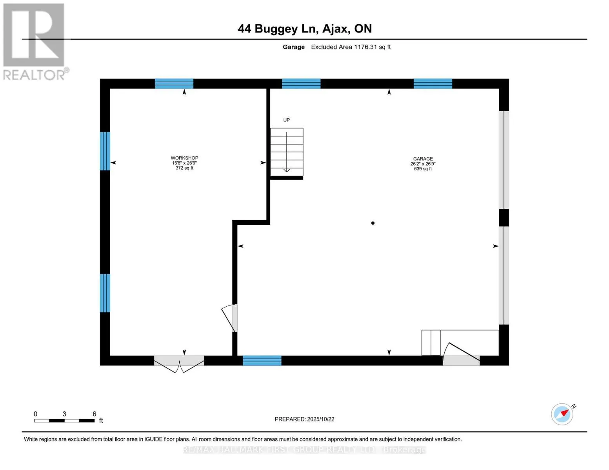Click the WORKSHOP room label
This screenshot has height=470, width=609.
click(184, 158)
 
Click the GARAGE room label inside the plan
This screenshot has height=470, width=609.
click(423, 159)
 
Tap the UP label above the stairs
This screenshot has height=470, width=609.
click(287, 120)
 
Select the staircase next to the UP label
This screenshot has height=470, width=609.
click(287, 152)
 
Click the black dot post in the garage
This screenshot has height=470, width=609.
click(373, 223)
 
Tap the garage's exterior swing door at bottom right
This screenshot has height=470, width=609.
click(461, 354)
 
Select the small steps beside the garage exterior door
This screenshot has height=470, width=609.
click(431, 343)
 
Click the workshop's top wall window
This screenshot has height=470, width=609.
click(174, 84)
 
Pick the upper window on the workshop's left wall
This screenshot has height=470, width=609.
click(105, 151)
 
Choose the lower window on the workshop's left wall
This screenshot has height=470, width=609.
click(105, 293)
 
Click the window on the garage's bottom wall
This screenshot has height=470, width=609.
click(262, 361)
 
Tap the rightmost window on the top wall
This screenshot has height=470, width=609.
click(433, 84)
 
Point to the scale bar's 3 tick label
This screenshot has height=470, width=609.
click(64, 414)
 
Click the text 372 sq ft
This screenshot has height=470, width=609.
click(184, 168)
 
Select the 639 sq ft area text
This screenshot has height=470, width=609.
click(423, 169)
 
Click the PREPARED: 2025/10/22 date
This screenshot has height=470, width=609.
click(304, 419)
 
